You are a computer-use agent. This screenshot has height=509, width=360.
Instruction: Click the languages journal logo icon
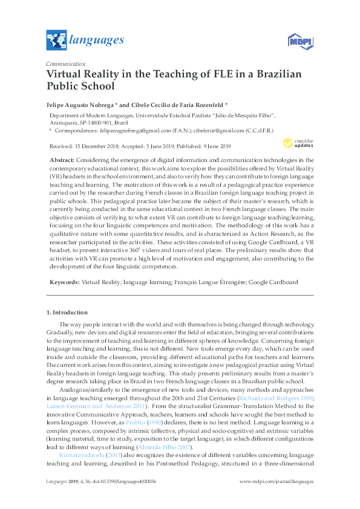pos(56,41)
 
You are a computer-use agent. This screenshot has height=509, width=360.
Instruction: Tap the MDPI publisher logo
pos(298,41)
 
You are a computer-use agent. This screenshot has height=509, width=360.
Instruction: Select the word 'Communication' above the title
pos(66,63)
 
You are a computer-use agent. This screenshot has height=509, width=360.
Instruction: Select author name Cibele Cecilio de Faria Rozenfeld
pos(172,104)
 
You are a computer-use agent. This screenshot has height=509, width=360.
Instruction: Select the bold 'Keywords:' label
pos(64,282)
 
